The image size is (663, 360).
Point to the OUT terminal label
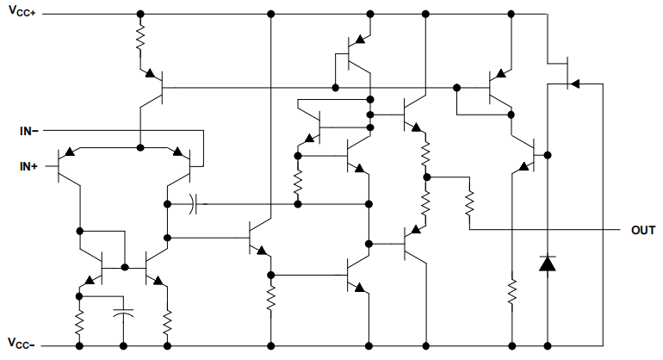tap(643, 231)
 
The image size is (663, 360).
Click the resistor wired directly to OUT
tap(469, 203)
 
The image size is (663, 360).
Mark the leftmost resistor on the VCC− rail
tap(79, 324)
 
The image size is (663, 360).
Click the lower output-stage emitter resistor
tap(425, 203)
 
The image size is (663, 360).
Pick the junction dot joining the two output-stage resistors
tap(425, 177)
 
